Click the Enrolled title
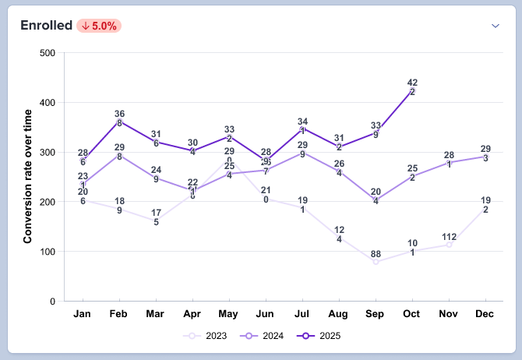(x=46, y=26)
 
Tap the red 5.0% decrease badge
(x=99, y=26)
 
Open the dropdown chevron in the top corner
(x=495, y=26)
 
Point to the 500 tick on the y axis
(x=46, y=53)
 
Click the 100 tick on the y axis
(x=46, y=252)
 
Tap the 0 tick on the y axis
(x=51, y=302)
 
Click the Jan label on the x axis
(x=82, y=314)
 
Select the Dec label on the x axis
(x=485, y=314)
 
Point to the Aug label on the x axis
(x=338, y=314)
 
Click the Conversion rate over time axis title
(x=28, y=177)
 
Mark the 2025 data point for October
(x=412, y=91)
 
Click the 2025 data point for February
(x=119, y=122)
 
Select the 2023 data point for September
(x=376, y=262)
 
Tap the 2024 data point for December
(x=485, y=157)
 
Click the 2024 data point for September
(x=376, y=200)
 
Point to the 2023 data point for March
(x=156, y=221)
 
